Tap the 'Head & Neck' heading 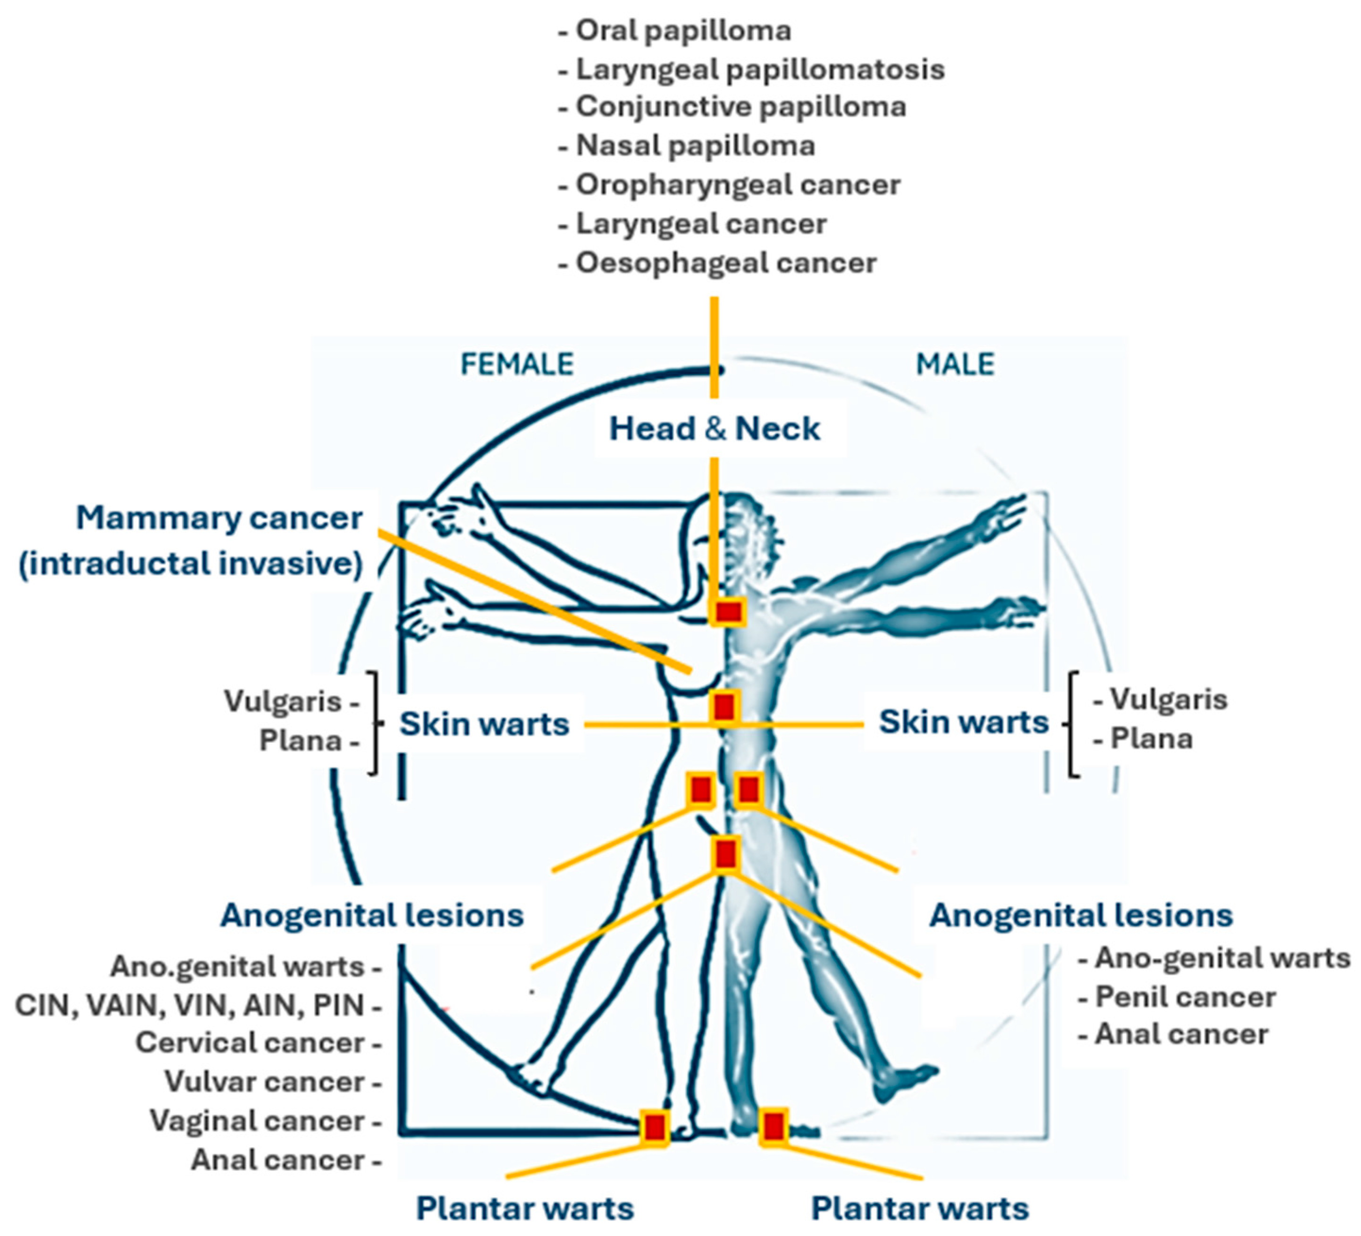714,429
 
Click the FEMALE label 516,364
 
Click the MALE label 955,364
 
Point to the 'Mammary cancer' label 219,519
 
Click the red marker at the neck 729,612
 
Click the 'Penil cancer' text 1185,997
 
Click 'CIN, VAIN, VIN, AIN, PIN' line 190,1005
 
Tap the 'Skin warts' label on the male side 963,722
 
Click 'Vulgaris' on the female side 284,701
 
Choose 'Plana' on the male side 1151,739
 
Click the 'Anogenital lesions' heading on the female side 372,916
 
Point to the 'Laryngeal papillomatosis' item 759,69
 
